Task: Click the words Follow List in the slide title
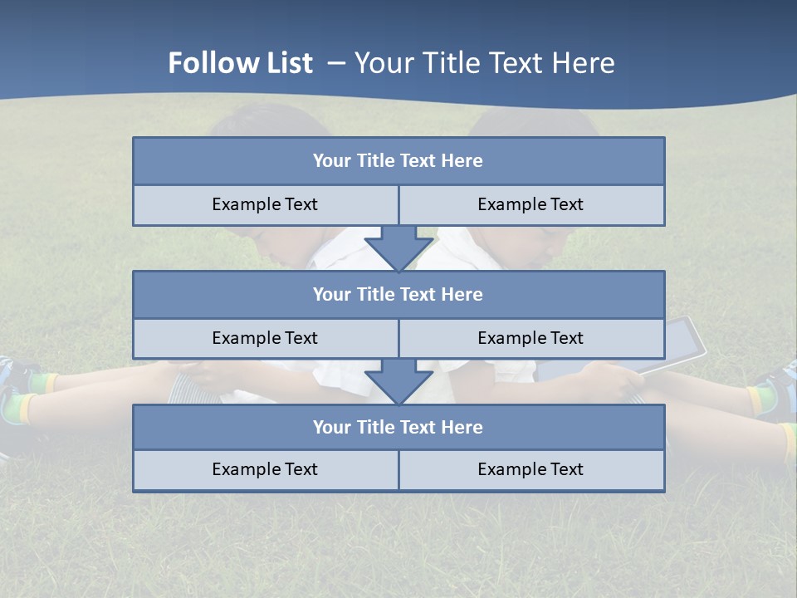point(240,63)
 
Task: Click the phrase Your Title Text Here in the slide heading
point(484,63)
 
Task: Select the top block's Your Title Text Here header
point(398,161)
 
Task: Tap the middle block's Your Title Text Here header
point(398,294)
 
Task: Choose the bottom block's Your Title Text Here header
point(398,427)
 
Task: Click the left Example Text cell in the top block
point(265,204)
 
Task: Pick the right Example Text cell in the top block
point(531,204)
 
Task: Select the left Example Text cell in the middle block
point(265,338)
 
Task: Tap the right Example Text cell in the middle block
point(531,338)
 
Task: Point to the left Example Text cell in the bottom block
point(265,469)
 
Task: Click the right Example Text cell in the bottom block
point(531,469)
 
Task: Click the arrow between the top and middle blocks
point(398,249)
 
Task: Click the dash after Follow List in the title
point(336,63)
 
